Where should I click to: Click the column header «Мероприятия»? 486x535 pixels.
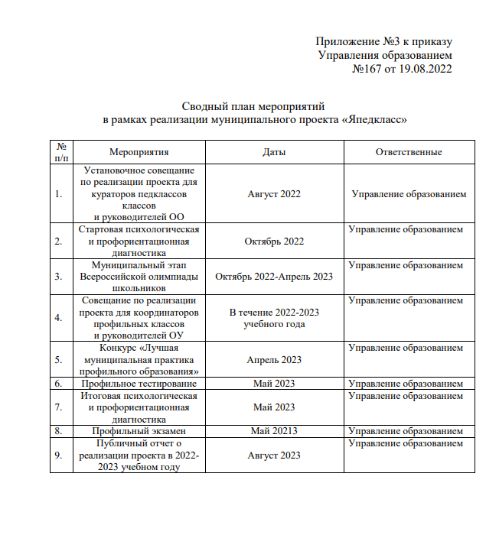(x=139, y=152)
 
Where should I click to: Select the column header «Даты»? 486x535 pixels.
(x=274, y=152)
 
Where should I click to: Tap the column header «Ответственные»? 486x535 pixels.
(x=409, y=152)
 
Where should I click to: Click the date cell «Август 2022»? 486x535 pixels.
(x=274, y=193)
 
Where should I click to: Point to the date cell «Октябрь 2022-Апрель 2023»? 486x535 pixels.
(x=274, y=277)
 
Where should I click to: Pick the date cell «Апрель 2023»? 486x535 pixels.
(x=274, y=359)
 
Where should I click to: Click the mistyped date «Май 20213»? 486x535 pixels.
(x=274, y=431)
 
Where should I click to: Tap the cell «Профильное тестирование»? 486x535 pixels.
(x=139, y=383)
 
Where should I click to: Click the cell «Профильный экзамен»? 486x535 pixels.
(x=139, y=431)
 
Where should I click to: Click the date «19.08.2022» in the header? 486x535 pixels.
(x=426, y=69)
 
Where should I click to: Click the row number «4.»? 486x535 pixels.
(x=59, y=316)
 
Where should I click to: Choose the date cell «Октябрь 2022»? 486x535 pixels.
(x=274, y=242)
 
